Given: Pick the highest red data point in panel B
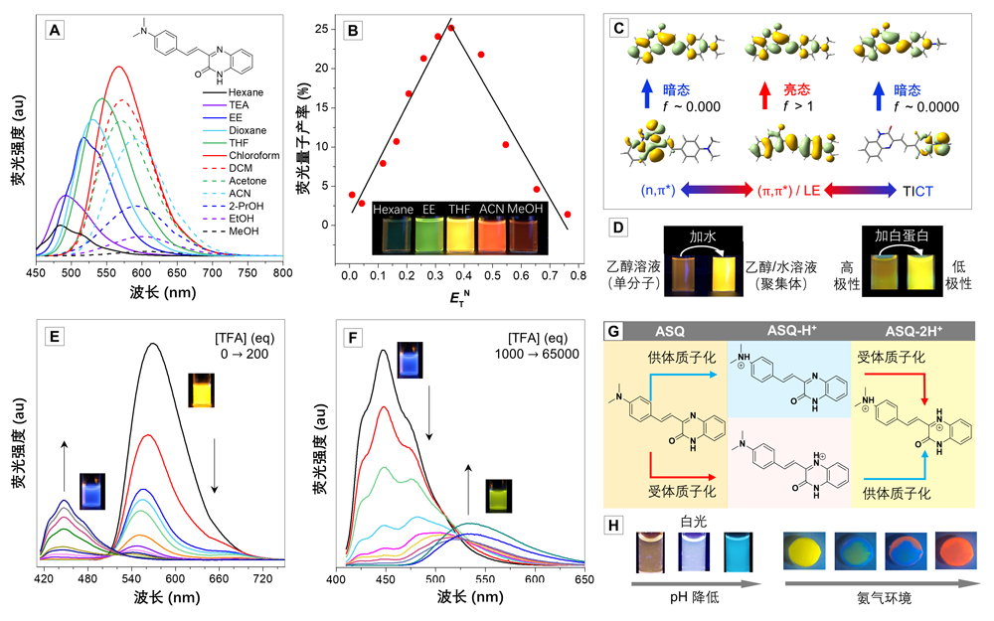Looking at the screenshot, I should pyautogui.click(x=451, y=28).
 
